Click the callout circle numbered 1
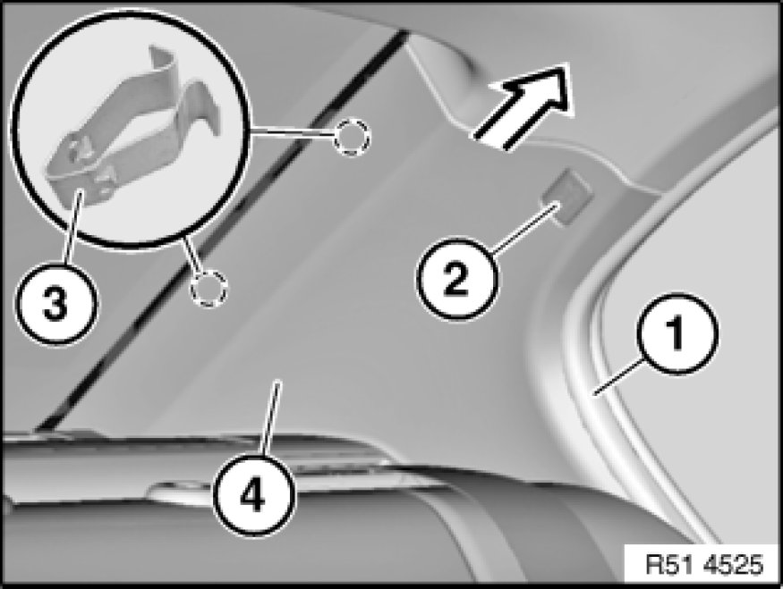pyautogui.click(x=677, y=334)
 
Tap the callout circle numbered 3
pyautogui.click(x=55, y=303)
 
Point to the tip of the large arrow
pyautogui.click(x=568, y=65)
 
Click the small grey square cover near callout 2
pyautogui.click(x=566, y=197)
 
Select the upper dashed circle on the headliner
pyautogui.click(x=352, y=136)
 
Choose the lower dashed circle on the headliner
pyautogui.click(x=209, y=289)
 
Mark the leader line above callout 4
pyautogui.click(x=270, y=418)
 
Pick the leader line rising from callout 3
pyautogui.click(x=72, y=225)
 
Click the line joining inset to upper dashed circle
pyautogui.click(x=292, y=133)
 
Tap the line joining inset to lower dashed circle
pyautogui.click(x=191, y=256)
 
